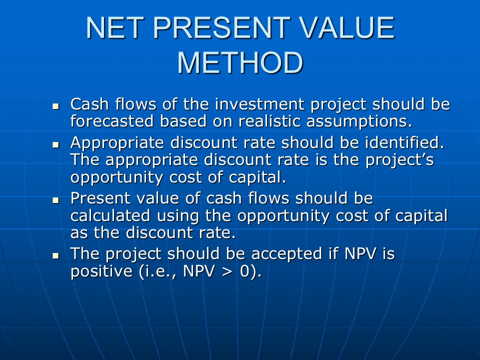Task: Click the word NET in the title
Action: (x=115, y=27)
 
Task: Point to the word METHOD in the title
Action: (x=240, y=63)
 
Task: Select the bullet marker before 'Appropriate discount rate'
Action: (x=55, y=145)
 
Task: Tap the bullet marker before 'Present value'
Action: (x=55, y=200)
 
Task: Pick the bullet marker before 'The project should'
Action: (x=55, y=255)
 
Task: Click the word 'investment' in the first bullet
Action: (x=259, y=104)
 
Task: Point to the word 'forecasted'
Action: (x=112, y=121)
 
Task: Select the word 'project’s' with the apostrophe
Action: (x=400, y=160)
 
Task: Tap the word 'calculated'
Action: (x=110, y=215)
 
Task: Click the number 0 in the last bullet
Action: (x=245, y=271)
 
